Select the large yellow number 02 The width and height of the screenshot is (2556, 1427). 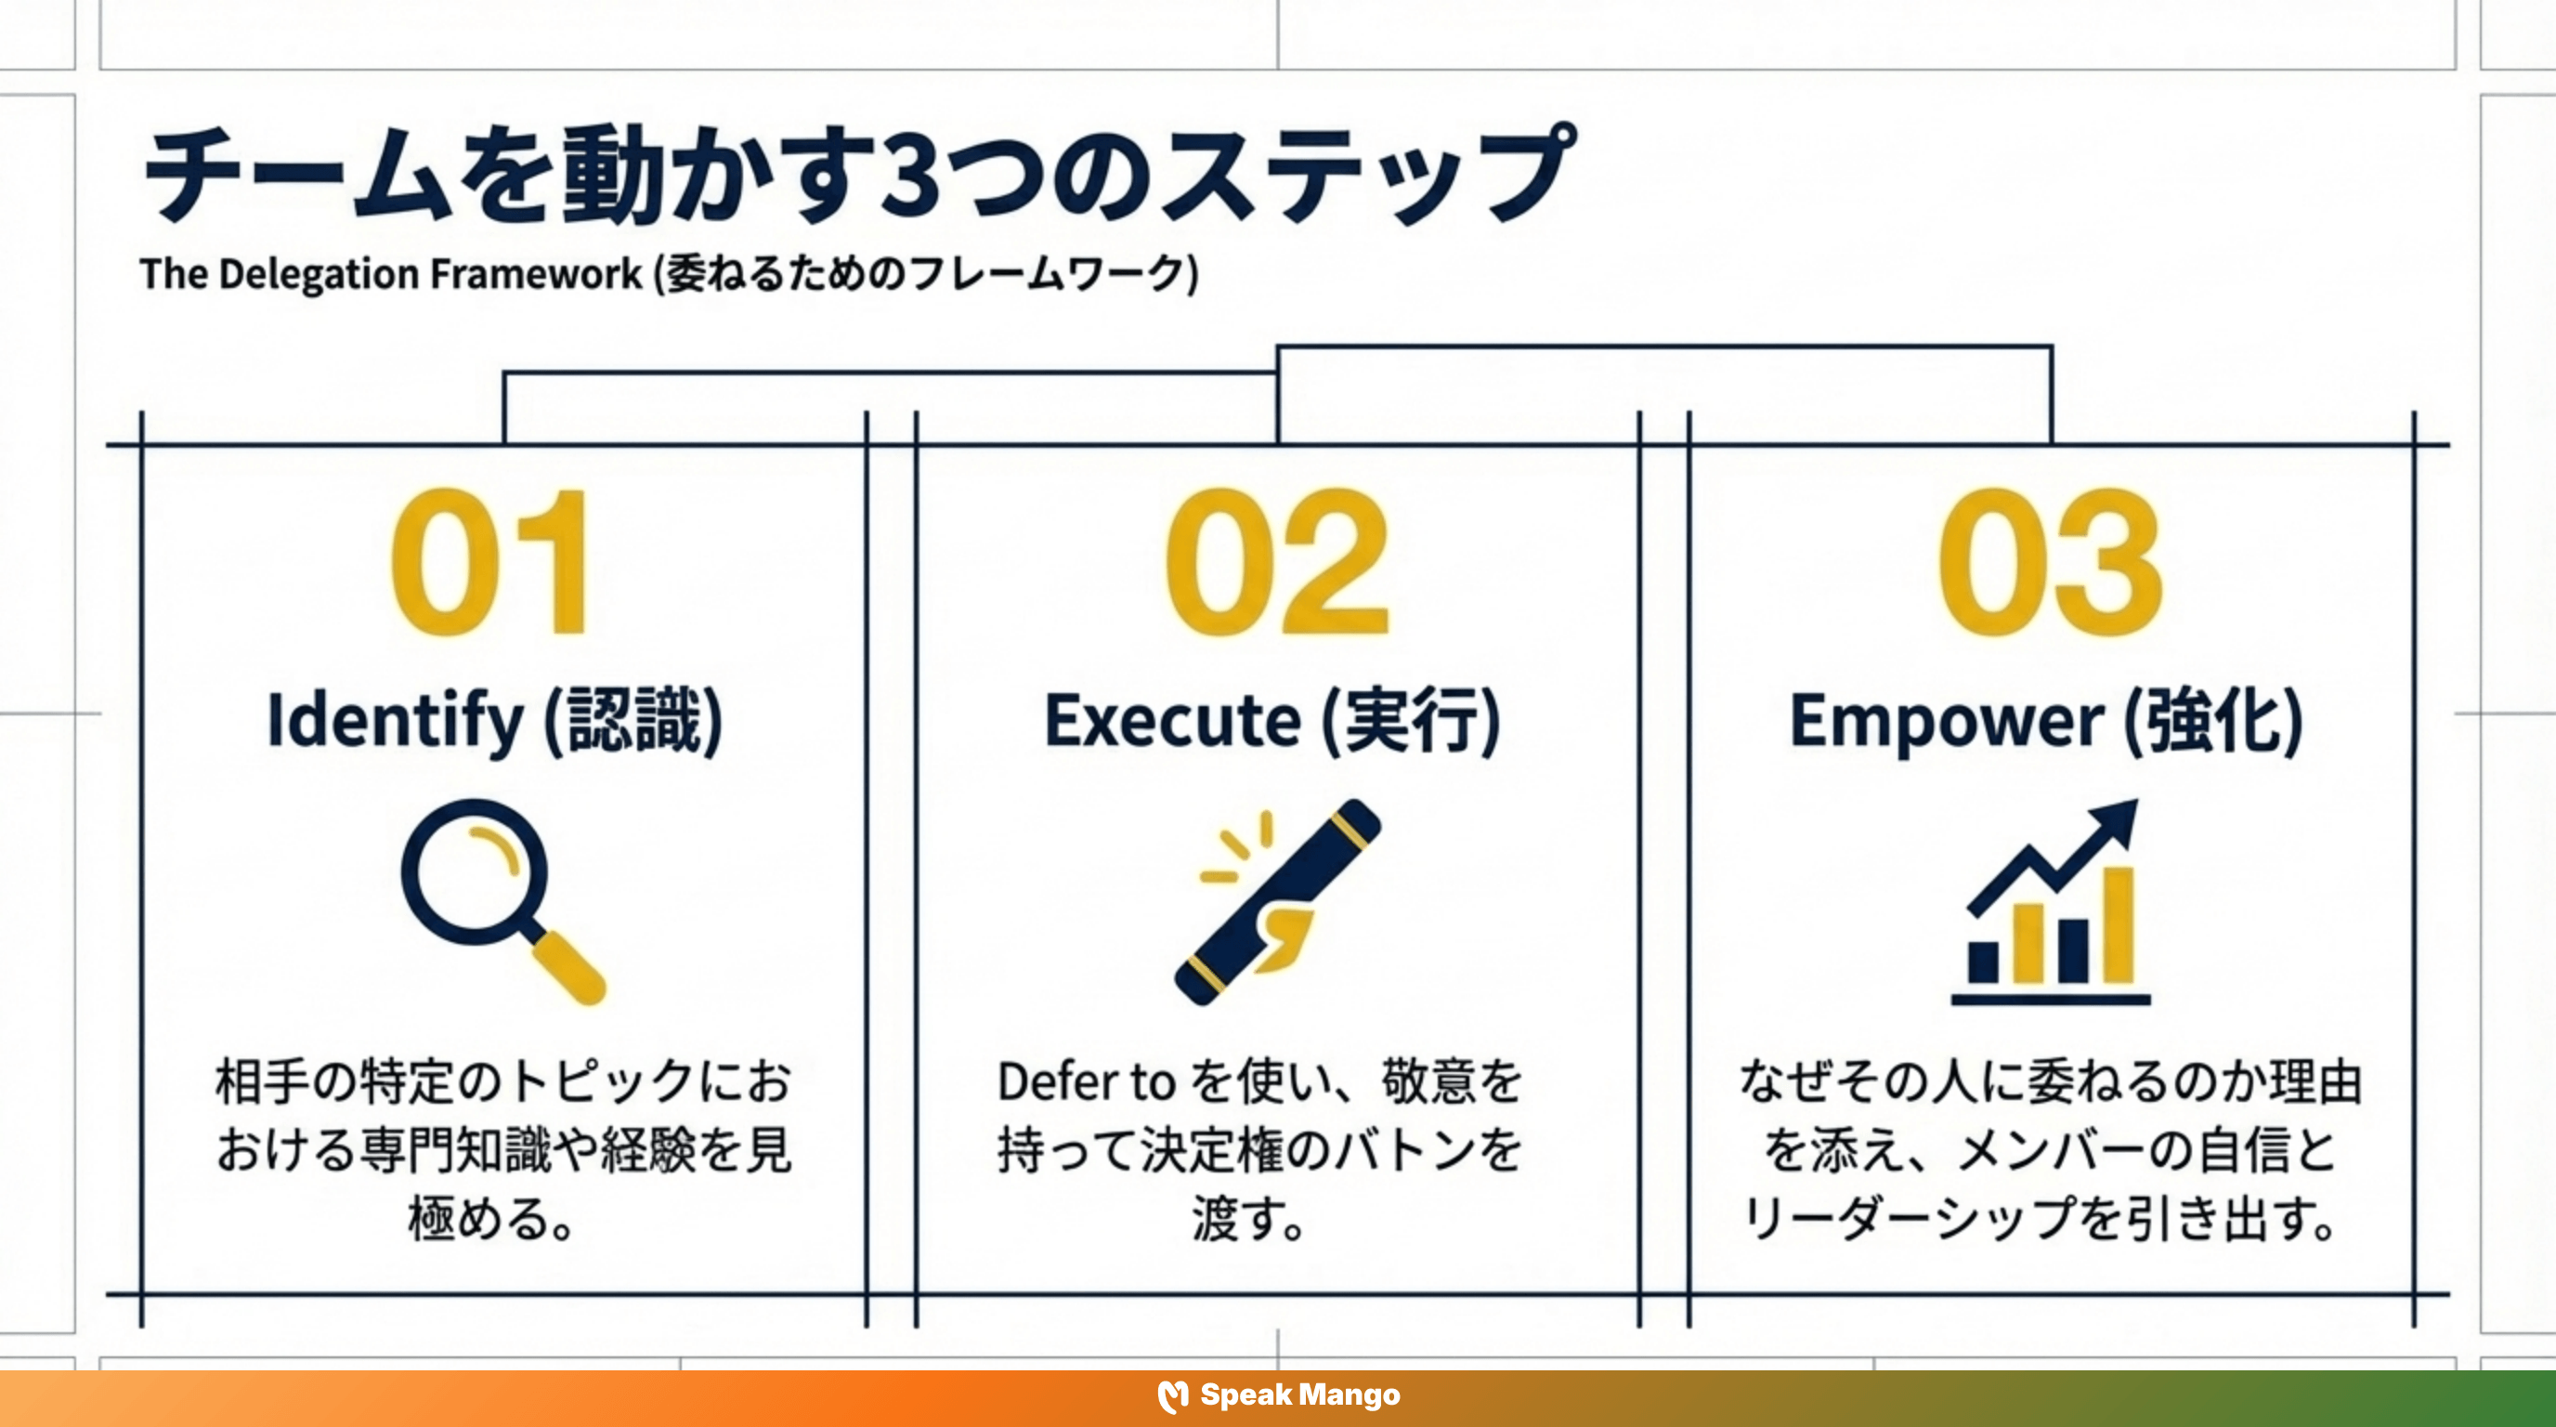click(1277, 562)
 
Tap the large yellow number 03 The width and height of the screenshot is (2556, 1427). click(2050, 562)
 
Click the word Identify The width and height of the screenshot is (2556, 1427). click(394, 720)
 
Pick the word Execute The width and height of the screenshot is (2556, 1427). click(1172, 720)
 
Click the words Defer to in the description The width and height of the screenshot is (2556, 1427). click(1086, 1081)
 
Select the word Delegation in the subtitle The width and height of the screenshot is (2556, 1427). click(318, 275)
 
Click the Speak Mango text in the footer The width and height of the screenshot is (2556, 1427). click(1300, 1395)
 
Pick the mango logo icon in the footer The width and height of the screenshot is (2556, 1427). click(1173, 1396)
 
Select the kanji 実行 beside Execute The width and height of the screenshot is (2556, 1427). click(1411, 720)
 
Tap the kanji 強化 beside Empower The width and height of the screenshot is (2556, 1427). click(2212, 720)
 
